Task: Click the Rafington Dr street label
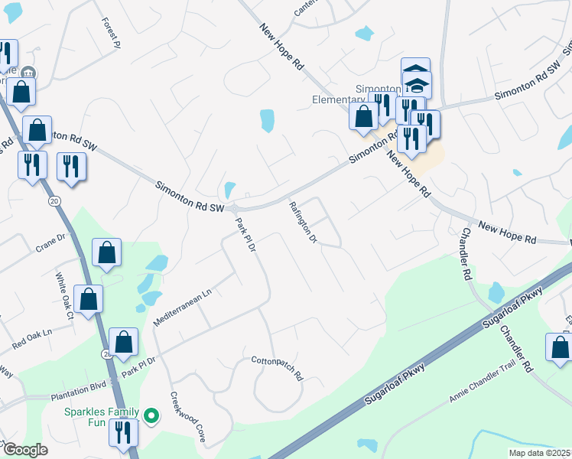303,223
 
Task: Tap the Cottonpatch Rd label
278,367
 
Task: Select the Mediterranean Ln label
181,308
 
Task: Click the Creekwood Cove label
188,418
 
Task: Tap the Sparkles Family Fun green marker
152,417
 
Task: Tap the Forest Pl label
112,33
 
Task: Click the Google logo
24,450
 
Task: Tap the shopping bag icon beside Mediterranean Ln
107,252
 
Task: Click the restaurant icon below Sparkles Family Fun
122,432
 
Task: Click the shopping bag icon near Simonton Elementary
363,116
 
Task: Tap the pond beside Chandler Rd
496,291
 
